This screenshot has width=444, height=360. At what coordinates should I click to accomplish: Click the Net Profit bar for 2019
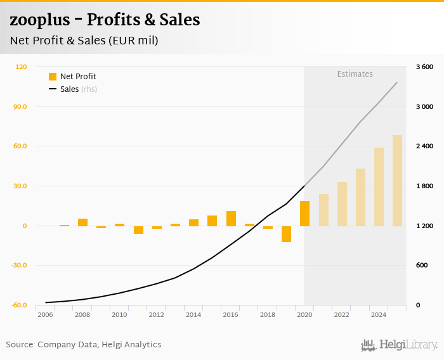coord(286,234)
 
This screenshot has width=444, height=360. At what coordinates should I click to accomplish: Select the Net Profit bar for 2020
coord(304,214)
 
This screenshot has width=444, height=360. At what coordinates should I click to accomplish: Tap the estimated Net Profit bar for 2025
coord(397,181)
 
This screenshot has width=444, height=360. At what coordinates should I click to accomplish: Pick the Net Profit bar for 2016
coord(231,219)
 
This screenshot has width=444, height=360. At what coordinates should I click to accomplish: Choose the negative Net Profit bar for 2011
coord(138,229)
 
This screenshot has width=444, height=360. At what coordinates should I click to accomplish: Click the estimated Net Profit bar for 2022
coord(342,204)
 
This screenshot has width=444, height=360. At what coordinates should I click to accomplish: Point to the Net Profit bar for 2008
coord(82,222)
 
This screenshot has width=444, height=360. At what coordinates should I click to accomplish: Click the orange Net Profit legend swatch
coord(53,77)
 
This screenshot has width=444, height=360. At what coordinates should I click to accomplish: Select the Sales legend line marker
coord(53,89)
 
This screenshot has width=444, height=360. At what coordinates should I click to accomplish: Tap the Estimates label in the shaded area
coord(355,74)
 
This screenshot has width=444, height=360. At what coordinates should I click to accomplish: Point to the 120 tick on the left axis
coord(21,67)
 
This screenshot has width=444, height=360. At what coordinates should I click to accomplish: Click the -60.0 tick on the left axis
coord(19,305)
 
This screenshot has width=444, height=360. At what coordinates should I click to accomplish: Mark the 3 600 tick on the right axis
coord(424,67)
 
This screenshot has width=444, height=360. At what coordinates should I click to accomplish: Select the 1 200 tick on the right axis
coord(424,226)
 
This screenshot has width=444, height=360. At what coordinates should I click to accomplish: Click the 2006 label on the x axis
coord(45,314)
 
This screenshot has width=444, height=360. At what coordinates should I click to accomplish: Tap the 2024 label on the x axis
coord(379,314)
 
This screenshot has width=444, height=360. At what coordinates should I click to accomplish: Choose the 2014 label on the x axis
coord(193,314)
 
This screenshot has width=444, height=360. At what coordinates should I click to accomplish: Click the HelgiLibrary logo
coord(399,345)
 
